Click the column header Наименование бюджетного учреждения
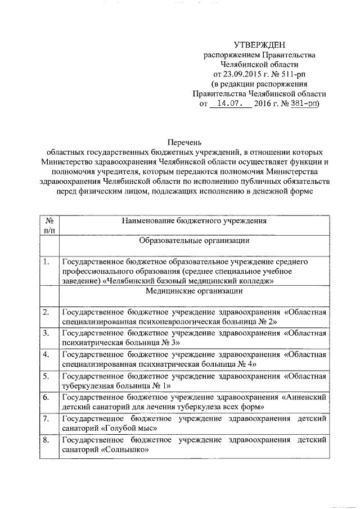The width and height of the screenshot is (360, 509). point(194,221)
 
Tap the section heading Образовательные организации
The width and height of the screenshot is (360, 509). point(194,241)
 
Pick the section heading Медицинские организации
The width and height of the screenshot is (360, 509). point(194,291)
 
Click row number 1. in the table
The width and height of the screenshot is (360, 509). point(46,262)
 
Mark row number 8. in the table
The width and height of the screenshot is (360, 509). point(46,440)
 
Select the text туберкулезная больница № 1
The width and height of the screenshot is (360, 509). point(112,385)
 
